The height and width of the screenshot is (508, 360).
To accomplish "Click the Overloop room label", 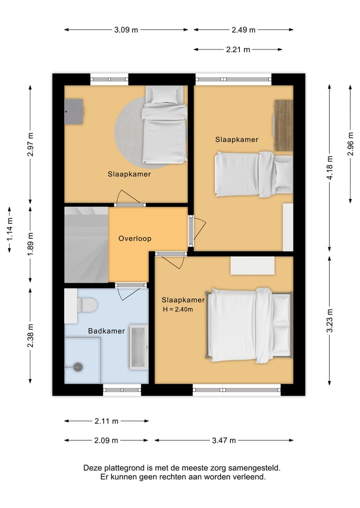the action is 134,238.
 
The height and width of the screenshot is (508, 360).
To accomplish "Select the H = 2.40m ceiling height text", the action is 177,309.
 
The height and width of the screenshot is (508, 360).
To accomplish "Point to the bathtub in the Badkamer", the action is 139,348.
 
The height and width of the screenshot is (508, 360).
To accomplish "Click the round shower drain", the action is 78,367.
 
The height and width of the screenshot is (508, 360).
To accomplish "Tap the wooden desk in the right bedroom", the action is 283,125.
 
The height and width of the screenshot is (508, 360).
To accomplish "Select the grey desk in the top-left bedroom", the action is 74,111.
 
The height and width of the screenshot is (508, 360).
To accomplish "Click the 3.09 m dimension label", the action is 126,30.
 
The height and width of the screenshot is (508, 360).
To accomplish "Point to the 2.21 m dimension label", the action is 238,49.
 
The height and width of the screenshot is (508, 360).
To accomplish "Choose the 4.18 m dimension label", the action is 330,168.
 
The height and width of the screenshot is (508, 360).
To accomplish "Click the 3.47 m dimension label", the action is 224,440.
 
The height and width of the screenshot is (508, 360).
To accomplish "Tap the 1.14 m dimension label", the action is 9,229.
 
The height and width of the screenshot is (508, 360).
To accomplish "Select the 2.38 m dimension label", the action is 30,336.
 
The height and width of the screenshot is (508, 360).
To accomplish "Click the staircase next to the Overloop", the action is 86,245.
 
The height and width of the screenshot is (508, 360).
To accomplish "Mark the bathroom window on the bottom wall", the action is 122,390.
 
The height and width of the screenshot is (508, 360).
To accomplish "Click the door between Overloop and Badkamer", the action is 130,285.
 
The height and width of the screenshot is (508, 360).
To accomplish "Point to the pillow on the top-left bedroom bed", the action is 165,94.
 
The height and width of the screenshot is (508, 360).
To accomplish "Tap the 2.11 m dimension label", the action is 106,421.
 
